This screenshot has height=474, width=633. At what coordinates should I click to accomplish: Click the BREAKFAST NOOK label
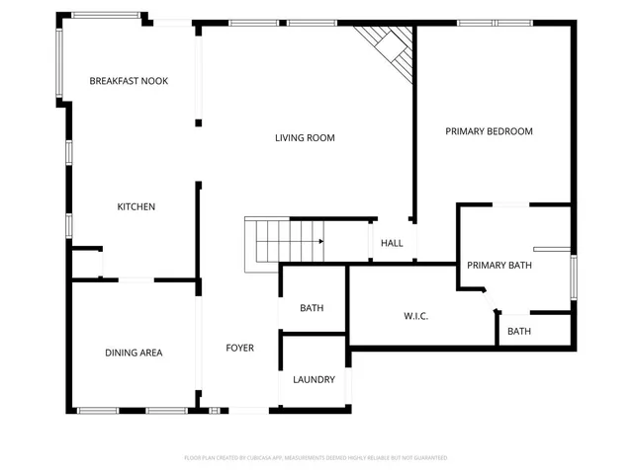tap(129, 81)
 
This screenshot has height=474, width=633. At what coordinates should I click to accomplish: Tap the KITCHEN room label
tap(136, 206)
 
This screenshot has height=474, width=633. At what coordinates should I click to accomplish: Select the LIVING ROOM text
tap(305, 138)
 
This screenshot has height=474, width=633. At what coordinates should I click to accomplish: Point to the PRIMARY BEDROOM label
tap(489, 131)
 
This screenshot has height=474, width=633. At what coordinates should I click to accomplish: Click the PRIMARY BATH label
tap(499, 265)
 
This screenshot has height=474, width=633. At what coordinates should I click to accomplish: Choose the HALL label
tap(393, 243)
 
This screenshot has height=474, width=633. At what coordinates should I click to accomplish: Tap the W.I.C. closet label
tap(415, 317)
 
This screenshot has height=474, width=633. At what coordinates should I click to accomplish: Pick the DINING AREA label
tap(134, 353)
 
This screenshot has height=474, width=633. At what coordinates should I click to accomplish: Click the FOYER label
tap(239, 348)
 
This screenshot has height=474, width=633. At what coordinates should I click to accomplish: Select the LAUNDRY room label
tap(314, 379)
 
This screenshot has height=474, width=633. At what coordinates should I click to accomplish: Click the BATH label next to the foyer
tap(312, 309)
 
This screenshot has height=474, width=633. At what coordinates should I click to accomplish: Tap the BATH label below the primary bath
tap(519, 332)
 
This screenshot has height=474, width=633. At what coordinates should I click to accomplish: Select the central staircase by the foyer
tap(282, 242)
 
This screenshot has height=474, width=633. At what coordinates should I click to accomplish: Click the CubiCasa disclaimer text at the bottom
tap(316, 458)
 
